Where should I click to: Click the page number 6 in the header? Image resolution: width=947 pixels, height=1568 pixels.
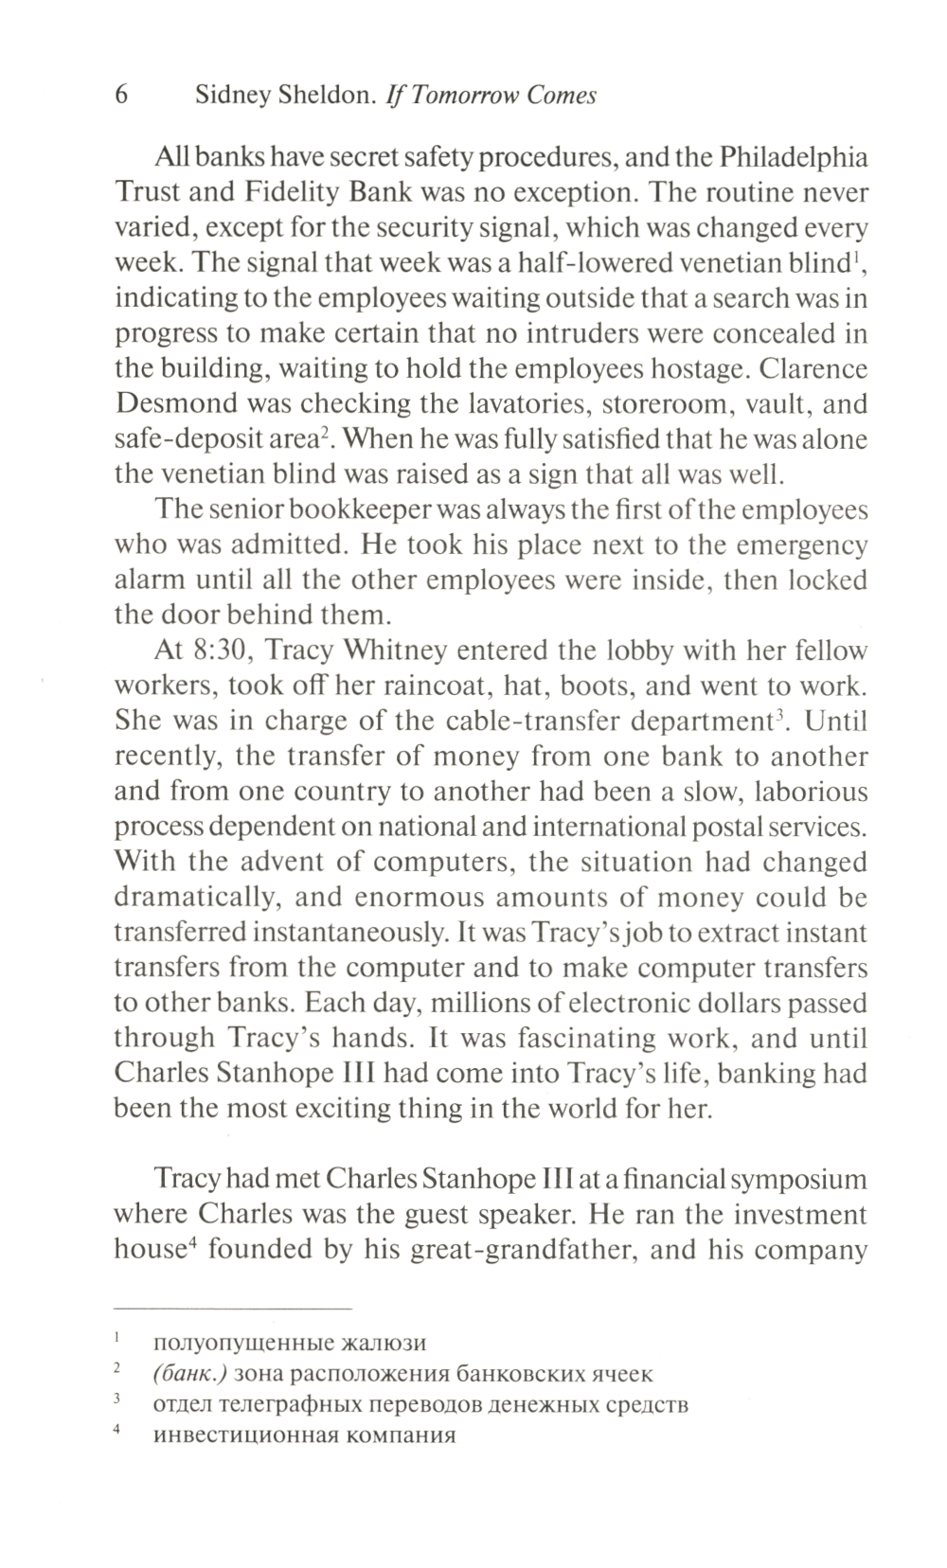(x=121, y=96)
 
